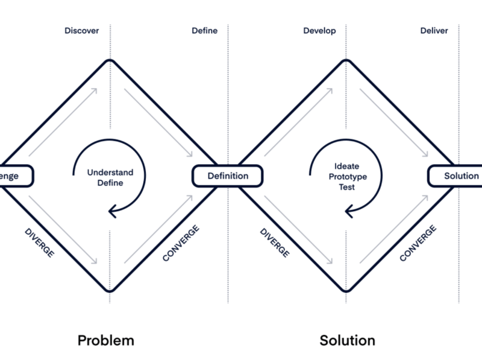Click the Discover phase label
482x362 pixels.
[81, 30]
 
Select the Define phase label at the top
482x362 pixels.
[205, 30]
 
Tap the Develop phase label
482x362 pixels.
[319, 30]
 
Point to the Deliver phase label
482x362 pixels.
[434, 30]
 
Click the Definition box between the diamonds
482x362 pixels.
[228, 176]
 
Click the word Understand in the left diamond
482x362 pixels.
[110, 173]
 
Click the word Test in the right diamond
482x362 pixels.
[347, 187]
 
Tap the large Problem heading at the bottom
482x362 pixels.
[105, 340]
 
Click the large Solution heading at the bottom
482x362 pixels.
[347, 340]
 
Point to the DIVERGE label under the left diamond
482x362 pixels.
[40, 243]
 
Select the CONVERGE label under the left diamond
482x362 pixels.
[181, 243]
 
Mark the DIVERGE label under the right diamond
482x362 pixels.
[275, 243]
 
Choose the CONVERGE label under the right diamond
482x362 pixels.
[418, 243]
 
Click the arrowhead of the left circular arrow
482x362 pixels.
[112, 211]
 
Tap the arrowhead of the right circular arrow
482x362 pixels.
[349, 211]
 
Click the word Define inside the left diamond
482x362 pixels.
[110, 183]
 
